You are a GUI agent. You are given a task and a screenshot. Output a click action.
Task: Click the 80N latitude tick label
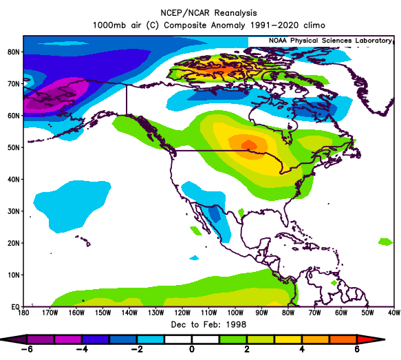click(x=14, y=52)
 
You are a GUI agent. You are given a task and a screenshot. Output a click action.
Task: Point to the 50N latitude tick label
click(x=14, y=147)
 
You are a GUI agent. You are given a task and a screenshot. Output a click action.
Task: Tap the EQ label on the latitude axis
click(x=15, y=307)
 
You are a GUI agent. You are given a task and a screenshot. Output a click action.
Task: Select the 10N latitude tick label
click(x=14, y=275)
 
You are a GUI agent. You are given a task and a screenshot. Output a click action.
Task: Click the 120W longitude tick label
click(x=182, y=313)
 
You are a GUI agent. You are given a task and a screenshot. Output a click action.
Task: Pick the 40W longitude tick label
click(x=393, y=313)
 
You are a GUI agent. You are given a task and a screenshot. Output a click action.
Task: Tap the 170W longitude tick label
click(x=50, y=313)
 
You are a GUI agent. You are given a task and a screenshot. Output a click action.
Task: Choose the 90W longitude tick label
click(x=261, y=313)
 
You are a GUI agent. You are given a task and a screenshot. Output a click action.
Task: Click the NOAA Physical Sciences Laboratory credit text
click(x=330, y=41)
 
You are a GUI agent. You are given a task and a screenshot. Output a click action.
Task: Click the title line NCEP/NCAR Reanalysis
click(x=208, y=13)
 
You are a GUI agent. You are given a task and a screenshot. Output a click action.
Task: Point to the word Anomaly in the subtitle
click(x=228, y=25)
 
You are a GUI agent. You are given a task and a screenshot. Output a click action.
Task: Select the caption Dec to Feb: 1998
click(x=208, y=325)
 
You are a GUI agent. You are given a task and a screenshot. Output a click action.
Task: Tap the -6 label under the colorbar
click(x=27, y=349)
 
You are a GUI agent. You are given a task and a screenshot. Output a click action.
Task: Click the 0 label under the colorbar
click(x=192, y=349)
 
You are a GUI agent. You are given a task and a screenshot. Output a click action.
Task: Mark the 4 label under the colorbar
click(x=302, y=349)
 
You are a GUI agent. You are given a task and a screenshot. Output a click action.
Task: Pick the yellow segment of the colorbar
click(x=288, y=339)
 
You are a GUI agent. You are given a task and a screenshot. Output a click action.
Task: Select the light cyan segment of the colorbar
click(x=151, y=339)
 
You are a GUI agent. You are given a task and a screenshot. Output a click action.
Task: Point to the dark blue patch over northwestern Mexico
click(x=215, y=214)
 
